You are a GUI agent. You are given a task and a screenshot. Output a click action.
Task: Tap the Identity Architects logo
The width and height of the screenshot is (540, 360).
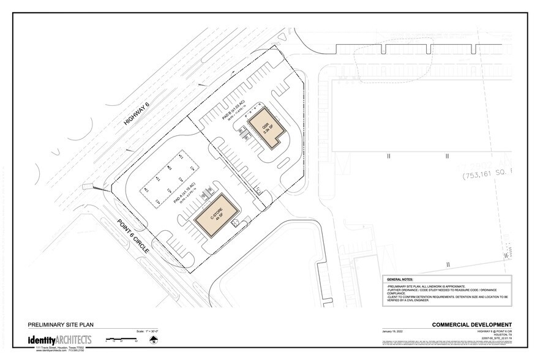[59, 339]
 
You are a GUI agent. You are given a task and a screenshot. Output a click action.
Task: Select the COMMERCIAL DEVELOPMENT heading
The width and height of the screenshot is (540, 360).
[471, 324]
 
